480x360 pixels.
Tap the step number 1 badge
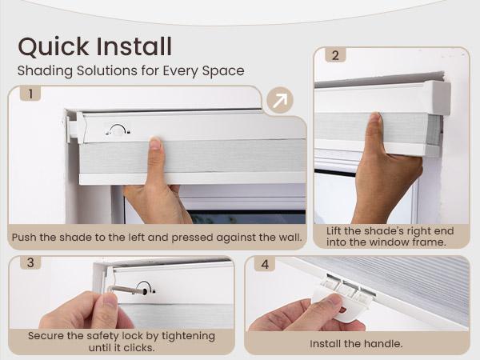(30, 94)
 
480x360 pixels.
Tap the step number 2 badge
(335, 56)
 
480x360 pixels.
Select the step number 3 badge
(30, 263)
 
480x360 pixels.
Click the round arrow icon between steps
(278, 101)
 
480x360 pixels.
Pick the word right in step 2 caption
(409, 230)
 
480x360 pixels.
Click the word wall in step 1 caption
(286, 238)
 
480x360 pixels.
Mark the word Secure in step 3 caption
(47, 335)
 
